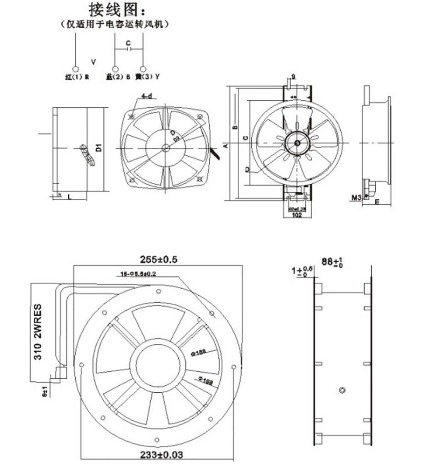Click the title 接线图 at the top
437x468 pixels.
point(115,10)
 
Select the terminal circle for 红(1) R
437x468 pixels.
point(75,69)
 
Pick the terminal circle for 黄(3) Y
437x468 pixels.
point(143,69)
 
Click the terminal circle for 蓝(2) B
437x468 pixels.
point(116,69)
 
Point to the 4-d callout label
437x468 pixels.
point(146,96)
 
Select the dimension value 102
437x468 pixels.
point(297,215)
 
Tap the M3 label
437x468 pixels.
point(356,198)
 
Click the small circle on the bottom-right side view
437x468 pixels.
point(343,390)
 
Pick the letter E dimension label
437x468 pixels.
point(376,202)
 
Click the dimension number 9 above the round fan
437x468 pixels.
point(293,76)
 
